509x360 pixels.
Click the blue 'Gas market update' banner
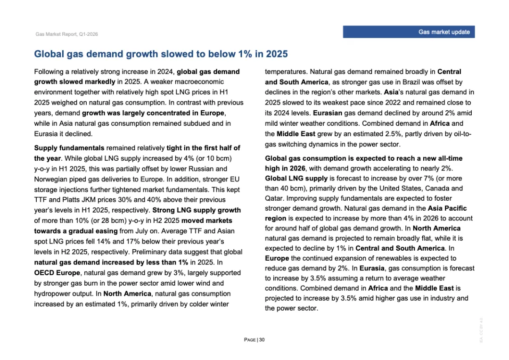[408, 32]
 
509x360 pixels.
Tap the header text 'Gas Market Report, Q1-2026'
[66, 34]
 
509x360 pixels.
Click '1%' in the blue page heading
[245, 54]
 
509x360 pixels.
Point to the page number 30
[262, 340]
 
